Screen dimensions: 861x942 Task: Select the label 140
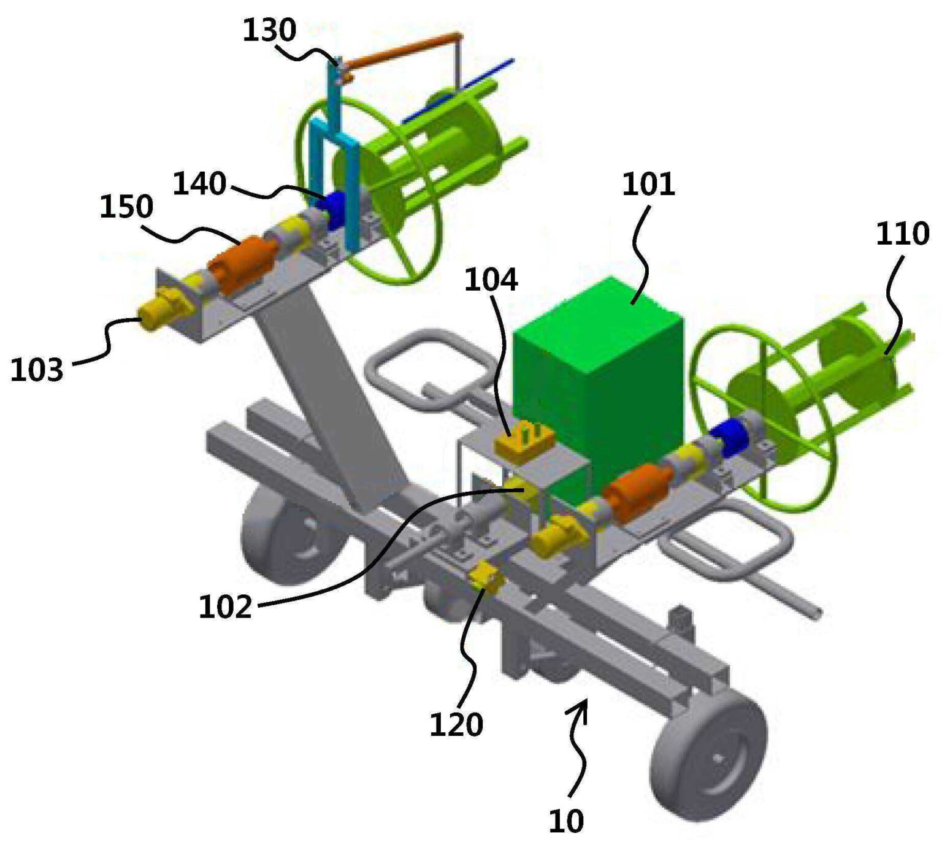tap(199, 183)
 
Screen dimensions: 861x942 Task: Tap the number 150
tap(126, 207)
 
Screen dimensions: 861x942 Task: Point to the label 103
tap(37, 370)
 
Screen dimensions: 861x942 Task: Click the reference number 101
tap(648, 185)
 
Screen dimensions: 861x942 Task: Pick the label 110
tap(902, 234)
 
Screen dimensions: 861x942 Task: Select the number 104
tap(491, 280)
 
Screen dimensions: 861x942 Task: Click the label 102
tap(225, 607)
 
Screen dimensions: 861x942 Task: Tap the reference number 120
tap(456, 725)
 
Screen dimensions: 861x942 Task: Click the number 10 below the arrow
tap(565, 821)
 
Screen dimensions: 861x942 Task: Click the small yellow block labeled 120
tap(484, 576)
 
